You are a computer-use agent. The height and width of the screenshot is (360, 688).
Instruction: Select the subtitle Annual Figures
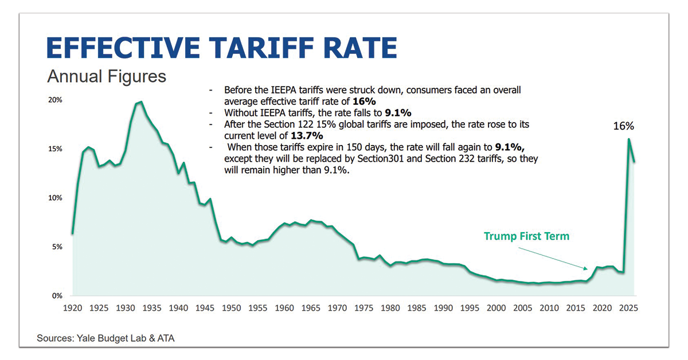(107, 76)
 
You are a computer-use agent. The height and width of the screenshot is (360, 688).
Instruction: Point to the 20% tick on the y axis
(55, 100)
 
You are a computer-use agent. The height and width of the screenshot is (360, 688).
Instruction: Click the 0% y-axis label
(57, 296)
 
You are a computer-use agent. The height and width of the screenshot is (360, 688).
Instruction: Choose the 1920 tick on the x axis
(72, 308)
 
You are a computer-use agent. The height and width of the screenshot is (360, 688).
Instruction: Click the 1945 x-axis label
(205, 308)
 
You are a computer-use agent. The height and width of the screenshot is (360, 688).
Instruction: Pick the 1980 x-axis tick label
(390, 308)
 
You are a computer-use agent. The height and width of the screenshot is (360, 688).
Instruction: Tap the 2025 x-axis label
(629, 308)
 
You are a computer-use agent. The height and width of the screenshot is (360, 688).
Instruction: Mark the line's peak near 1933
(141, 102)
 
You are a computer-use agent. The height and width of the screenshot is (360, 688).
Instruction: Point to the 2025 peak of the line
(629, 139)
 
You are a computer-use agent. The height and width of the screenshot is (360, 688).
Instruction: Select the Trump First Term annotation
(526, 236)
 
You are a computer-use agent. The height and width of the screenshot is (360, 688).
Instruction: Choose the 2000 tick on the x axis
(497, 308)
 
